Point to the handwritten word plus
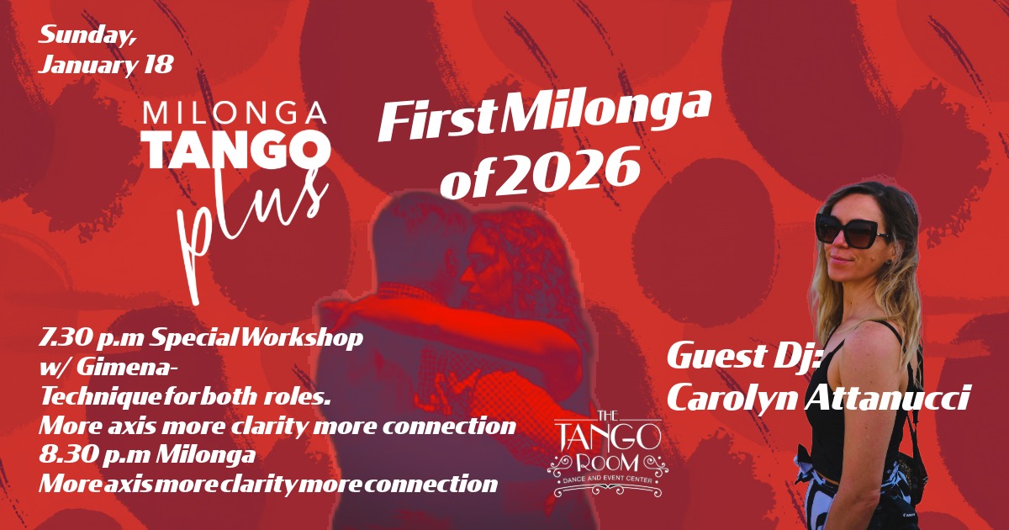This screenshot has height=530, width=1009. tap(252, 230)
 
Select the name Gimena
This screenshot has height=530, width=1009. tap(124, 368)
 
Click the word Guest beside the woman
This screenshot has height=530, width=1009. tap(716, 356)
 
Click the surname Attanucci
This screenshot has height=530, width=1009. tap(886, 396)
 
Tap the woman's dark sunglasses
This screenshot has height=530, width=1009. tap(850, 230)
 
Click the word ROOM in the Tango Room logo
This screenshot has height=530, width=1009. tap(608, 464)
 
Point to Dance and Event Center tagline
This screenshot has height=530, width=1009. tap(608, 480)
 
